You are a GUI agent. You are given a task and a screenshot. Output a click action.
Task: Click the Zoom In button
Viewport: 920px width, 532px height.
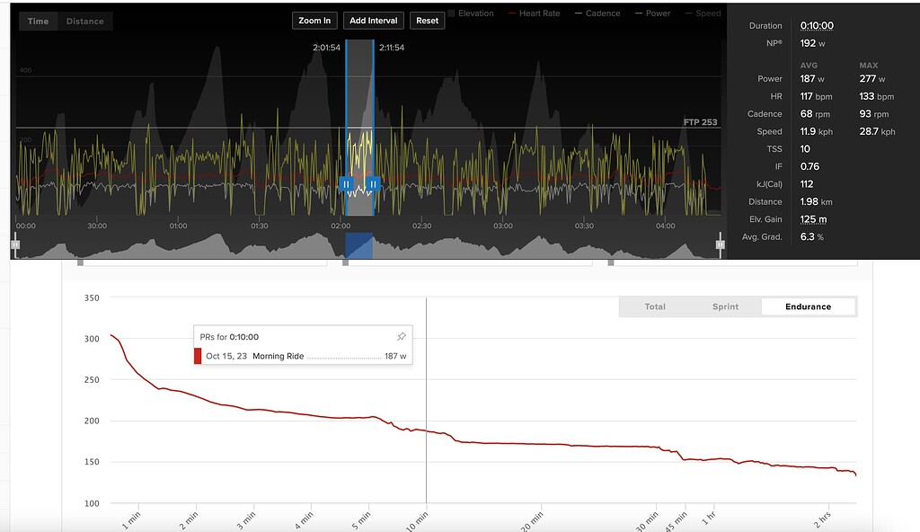[x=314, y=21]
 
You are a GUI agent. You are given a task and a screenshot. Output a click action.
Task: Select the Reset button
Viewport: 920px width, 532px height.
[x=428, y=21]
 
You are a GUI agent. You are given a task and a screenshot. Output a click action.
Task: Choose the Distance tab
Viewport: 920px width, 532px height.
[x=84, y=21]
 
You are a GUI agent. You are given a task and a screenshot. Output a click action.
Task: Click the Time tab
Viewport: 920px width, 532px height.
[x=38, y=21]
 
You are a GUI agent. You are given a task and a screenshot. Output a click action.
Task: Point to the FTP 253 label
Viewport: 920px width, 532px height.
[x=701, y=122]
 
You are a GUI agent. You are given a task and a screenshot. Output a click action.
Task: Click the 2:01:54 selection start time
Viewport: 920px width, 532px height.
[x=326, y=48]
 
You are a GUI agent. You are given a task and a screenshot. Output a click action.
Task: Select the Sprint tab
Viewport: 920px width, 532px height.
[x=725, y=306]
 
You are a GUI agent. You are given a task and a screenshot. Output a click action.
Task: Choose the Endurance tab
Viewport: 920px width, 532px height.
[x=808, y=306]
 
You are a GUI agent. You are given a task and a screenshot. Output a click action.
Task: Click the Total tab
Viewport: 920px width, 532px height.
[x=655, y=306]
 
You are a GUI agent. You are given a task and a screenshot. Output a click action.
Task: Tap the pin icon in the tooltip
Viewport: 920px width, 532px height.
[x=401, y=337]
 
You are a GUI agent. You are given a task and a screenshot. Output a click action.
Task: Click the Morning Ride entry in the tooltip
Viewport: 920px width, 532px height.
[x=279, y=357]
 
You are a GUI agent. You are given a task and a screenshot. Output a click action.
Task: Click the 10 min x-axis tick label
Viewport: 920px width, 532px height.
[x=418, y=519]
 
